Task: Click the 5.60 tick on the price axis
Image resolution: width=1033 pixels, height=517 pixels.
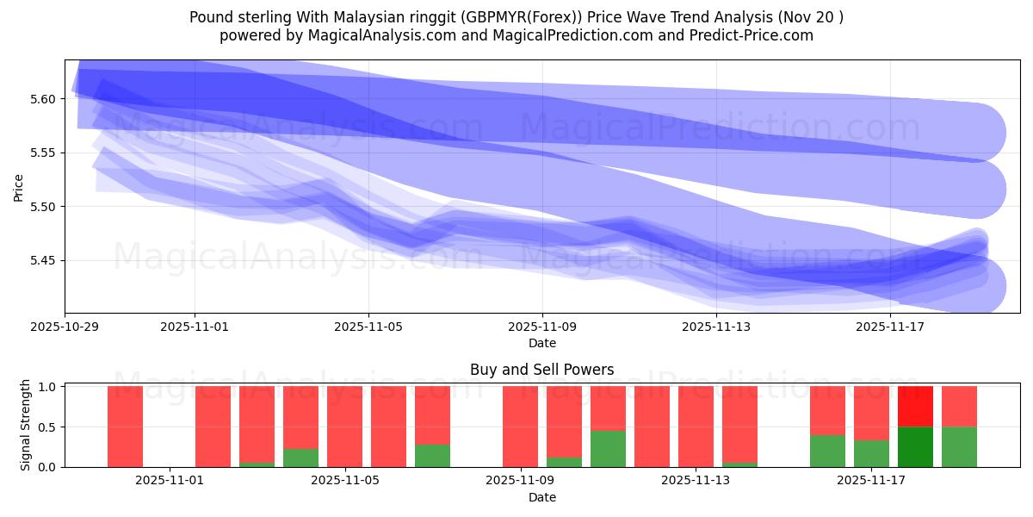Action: tap(43, 99)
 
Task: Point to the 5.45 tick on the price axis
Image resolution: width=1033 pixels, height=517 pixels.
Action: tap(43, 260)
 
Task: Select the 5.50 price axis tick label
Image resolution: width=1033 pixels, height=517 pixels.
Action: tap(43, 207)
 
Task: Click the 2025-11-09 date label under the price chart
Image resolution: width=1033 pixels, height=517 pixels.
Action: tap(542, 327)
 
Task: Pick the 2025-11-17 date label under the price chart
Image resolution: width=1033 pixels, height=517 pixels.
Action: tap(890, 327)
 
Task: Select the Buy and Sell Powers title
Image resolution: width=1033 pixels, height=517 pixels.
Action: tap(541, 370)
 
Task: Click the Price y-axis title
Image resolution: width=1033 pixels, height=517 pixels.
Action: tap(19, 187)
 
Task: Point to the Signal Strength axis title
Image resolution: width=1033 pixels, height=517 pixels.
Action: tap(26, 425)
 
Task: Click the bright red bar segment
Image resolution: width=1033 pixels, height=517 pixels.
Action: tap(915, 406)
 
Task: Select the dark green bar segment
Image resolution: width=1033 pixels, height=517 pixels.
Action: tap(915, 446)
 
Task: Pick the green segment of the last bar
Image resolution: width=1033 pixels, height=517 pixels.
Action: tap(959, 446)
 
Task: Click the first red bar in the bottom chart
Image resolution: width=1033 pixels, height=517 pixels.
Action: tap(125, 427)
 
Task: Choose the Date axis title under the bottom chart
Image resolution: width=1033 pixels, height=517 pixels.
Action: tap(541, 497)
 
